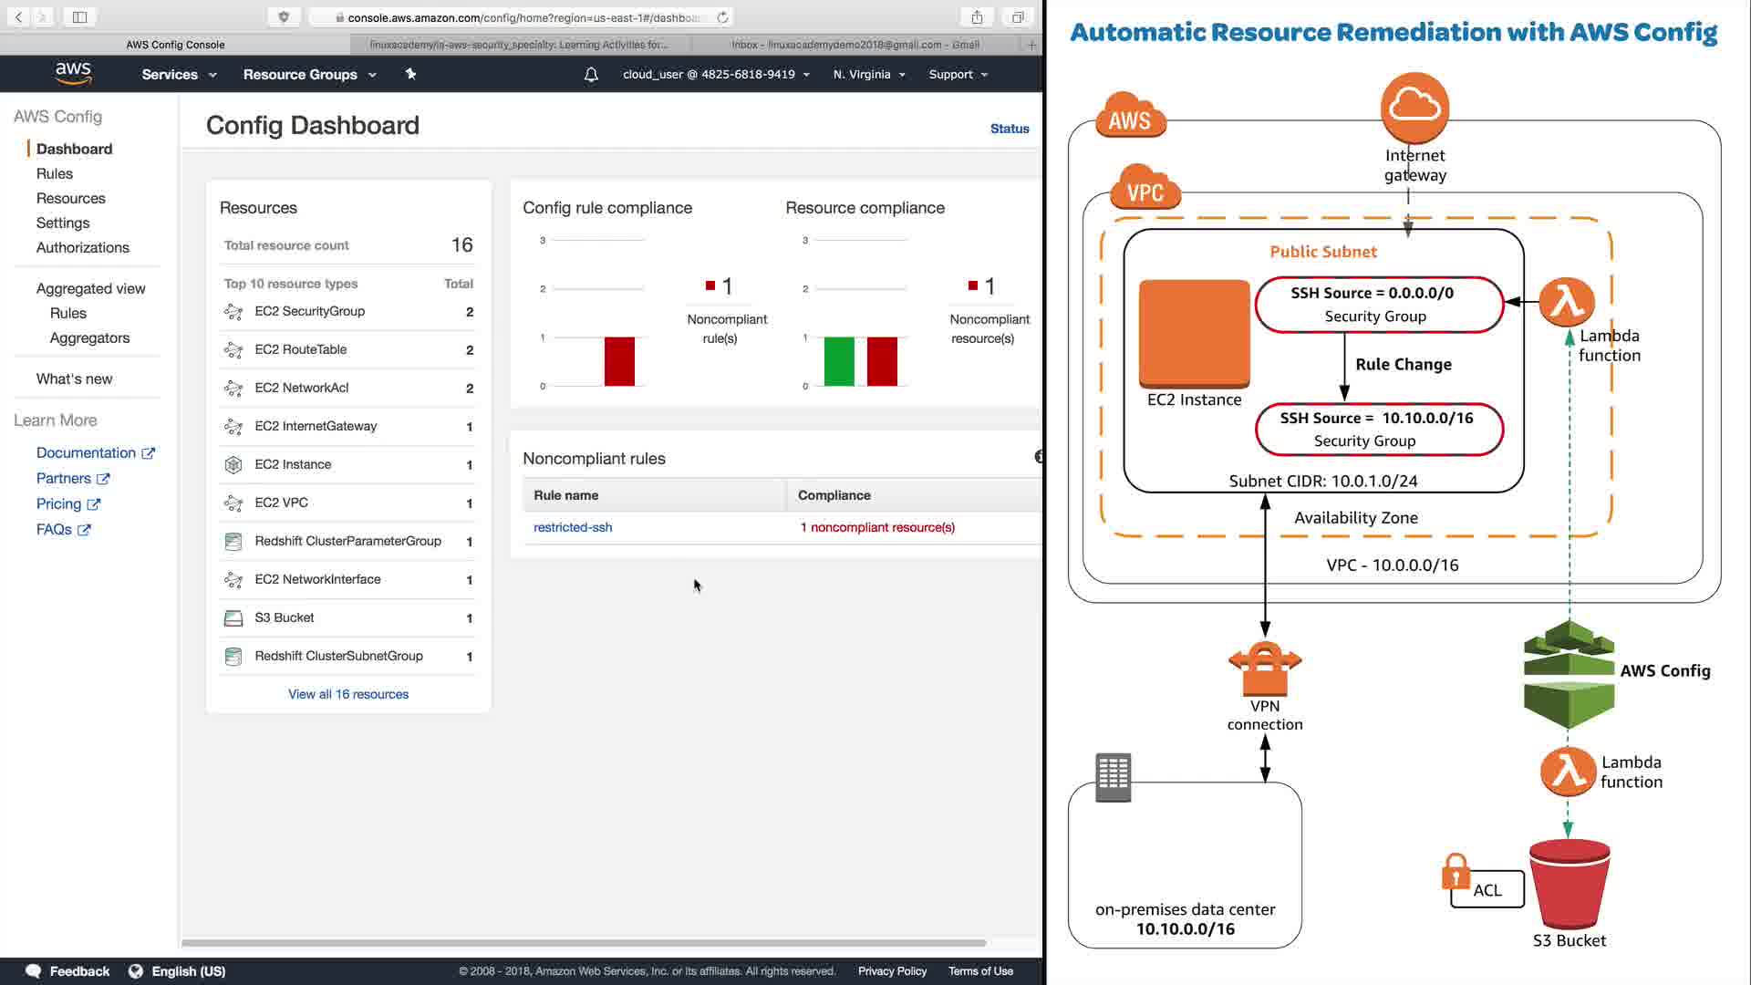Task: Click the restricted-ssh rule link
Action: point(573,527)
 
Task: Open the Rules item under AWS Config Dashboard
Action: point(55,173)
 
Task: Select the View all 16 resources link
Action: point(348,694)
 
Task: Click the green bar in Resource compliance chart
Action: point(839,361)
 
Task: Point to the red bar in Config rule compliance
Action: point(619,361)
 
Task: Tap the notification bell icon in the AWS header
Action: point(591,75)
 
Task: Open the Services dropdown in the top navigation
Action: point(179,75)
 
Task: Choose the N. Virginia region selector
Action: point(868,75)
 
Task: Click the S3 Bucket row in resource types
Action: point(285,617)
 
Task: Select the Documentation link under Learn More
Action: point(87,452)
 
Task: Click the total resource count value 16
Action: point(461,244)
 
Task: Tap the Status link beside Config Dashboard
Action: point(1010,129)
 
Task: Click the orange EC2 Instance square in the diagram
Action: point(1194,333)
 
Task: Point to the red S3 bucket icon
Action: point(1569,883)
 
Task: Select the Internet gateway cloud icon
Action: point(1414,107)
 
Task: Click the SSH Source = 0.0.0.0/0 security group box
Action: point(1377,305)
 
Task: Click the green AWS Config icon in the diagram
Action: point(1569,674)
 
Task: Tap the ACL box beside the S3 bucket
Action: point(1487,890)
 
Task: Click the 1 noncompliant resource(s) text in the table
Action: point(877,527)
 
